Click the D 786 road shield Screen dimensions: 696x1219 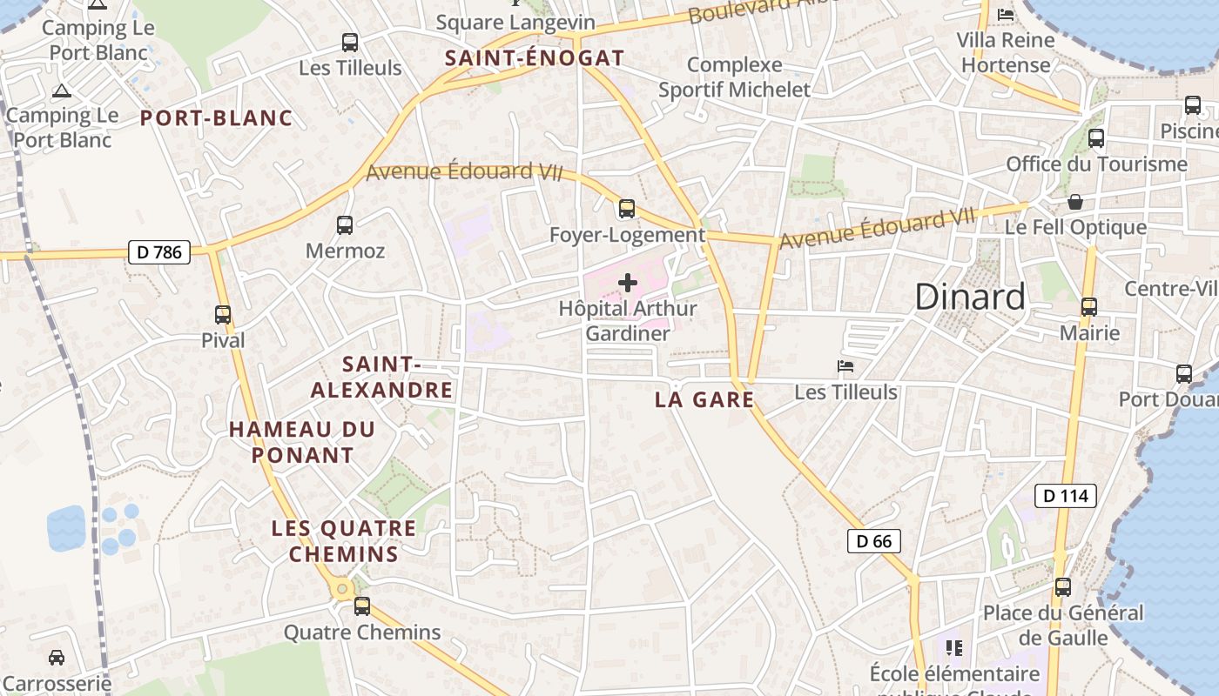[158, 252]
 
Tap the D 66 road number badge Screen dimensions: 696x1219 [873, 541]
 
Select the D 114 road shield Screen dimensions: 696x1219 [1065, 496]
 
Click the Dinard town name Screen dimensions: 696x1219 [970, 298]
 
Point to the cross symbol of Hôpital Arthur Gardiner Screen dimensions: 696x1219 [627, 283]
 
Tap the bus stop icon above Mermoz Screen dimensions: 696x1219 [345, 225]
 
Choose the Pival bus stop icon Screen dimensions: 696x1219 [223, 315]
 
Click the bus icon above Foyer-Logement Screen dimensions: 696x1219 [627, 209]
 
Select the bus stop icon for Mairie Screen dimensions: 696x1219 [1089, 307]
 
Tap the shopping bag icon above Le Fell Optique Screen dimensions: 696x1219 [1076, 202]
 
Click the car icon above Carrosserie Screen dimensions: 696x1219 [57, 657]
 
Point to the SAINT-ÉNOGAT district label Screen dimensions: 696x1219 [534, 58]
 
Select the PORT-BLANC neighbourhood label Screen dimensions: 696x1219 [217, 118]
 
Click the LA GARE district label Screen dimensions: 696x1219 [704, 400]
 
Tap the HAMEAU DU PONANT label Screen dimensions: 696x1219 [302, 442]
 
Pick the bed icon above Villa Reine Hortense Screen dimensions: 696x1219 [1006, 14]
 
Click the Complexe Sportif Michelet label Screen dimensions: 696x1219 [734, 77]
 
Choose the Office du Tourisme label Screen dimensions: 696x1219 [1096, 164]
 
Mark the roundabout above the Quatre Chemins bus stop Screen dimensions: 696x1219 [342, 589]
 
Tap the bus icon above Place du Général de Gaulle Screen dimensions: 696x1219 [1063, 587]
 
